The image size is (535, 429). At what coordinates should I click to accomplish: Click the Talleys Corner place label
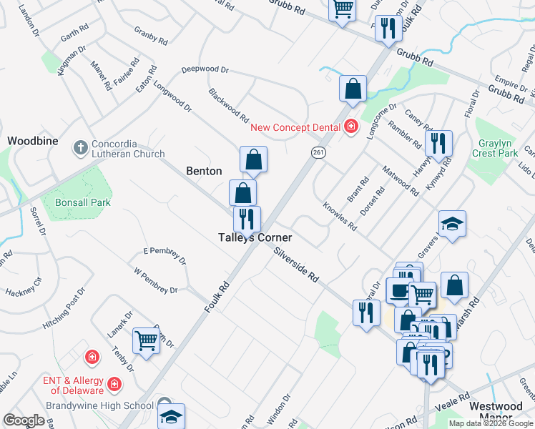click(x=255, y=237)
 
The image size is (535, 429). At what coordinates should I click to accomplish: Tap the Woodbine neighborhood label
click(x=32, y=141)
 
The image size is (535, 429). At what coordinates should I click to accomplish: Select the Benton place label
click(x=204, y=171)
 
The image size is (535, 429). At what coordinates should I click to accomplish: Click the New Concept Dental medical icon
click(x=350, y=127)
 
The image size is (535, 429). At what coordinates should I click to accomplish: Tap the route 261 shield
click(x=318, y=152)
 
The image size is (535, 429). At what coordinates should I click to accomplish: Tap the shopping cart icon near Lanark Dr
click(x=146, y=341)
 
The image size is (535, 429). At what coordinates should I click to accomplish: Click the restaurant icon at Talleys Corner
click(x=247, y=217)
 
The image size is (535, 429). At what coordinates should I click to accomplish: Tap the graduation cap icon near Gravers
click(x=452, y=224)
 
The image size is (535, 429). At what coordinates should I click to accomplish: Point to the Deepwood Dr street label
click(x=205, y=70)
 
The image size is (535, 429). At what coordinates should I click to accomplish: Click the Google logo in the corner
click(x=23, y=420)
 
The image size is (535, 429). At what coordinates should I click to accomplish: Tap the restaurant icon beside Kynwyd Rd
click(x=438, y=142)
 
